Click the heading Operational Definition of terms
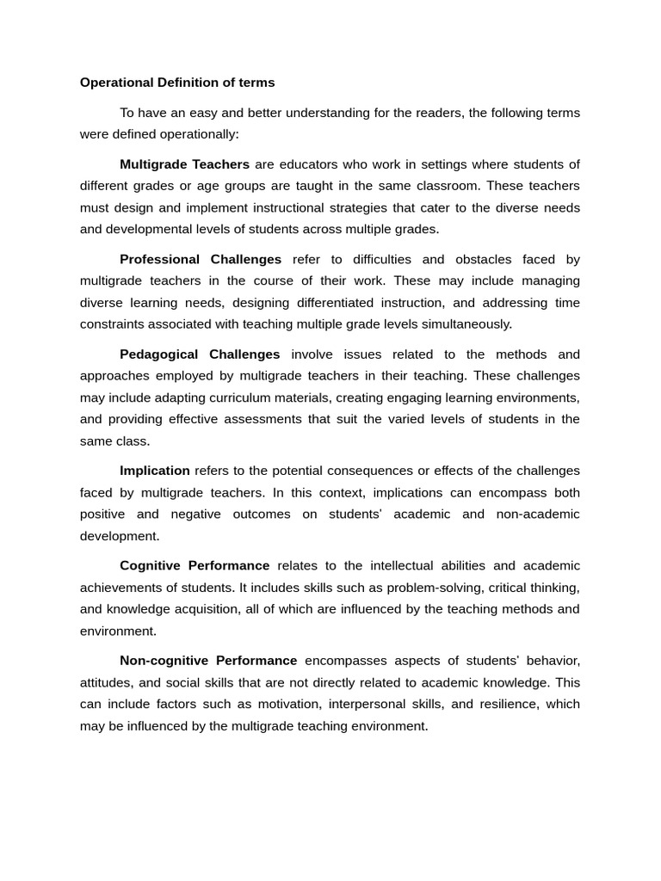click(177, 83)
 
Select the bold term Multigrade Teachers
click(184, 164)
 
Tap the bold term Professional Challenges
click(201, 259)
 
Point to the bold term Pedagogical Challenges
click(200, 354)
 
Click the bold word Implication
click(155, 471)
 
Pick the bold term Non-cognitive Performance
click(208, 660)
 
